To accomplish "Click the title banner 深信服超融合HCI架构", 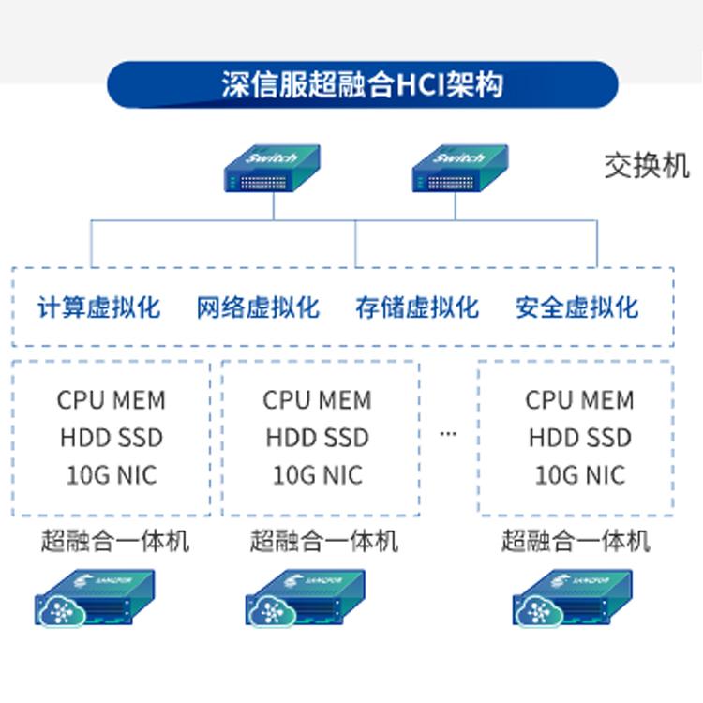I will click(363, 84).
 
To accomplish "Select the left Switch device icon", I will click(273, 168).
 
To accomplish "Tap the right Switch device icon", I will click(460, 168).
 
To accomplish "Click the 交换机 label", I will click(647, 166).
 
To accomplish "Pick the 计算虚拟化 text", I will click(98, 307).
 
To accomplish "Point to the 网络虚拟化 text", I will click(258, 307).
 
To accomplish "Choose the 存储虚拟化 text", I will click(417, 307).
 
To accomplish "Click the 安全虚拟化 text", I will click(576, 307).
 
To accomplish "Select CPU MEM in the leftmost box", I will click(111, 400).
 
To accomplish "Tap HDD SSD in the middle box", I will click(317, 438).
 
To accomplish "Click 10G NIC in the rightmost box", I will click(579, 475).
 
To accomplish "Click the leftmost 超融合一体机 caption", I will click(114, 541).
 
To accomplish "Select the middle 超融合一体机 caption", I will click(323, 541).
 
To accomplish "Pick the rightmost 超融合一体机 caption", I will click(575, 541).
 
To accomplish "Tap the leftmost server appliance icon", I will click(94, 598).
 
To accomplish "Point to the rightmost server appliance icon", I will click(572, 598).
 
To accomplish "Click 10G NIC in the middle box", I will click(317, 475).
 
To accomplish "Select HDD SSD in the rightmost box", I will click(579, 438).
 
